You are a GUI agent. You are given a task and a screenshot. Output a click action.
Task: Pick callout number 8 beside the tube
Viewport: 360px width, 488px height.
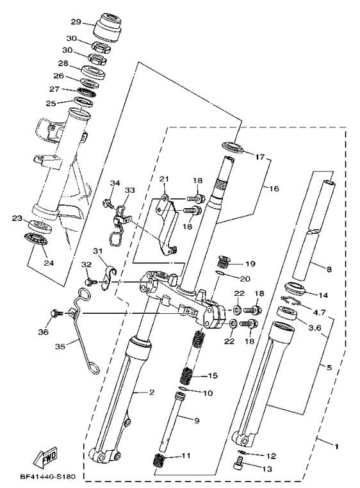click(329, 270)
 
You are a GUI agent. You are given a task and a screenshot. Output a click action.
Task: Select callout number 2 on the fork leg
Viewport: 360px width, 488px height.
click(152, 392)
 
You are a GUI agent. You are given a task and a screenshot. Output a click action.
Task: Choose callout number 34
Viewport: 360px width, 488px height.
click(115, 183)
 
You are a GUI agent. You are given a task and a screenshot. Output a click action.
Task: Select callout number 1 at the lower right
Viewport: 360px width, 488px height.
click(336, 443)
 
